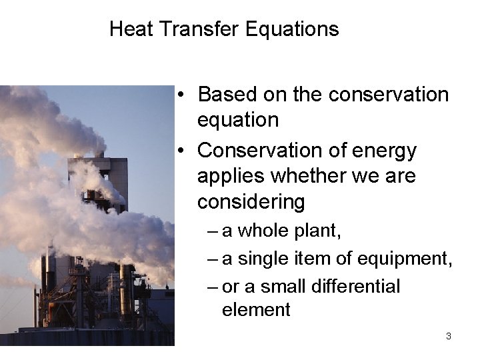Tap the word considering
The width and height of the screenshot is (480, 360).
click(x=251, y=201)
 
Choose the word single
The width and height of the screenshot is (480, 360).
click(x=265, y=259)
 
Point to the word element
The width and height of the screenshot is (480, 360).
click(x=256, y=310)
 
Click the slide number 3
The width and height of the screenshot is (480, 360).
click(x=448, y=337)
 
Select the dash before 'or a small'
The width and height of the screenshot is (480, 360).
click(x=212, y=287)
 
